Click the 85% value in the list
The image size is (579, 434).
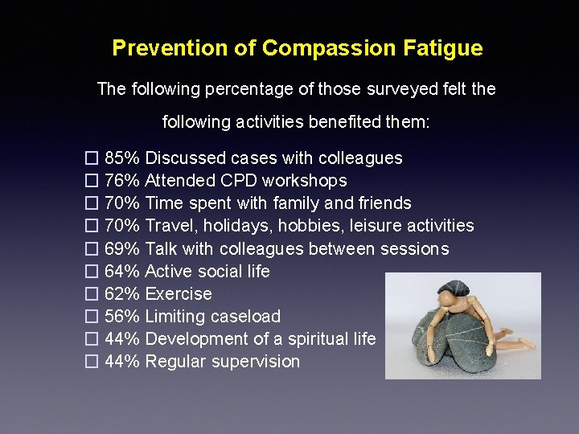coord(122,158)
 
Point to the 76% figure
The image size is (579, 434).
coord(122,181)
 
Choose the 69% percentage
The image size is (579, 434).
coord(122,249)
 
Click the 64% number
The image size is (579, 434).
coord(122,272)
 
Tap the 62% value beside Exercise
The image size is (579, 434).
coord(122,294)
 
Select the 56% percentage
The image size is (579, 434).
coord(122,317)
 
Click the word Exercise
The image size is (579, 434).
coord(179,294)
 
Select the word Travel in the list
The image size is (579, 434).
coord(167,227)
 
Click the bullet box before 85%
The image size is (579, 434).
coord(91,158)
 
